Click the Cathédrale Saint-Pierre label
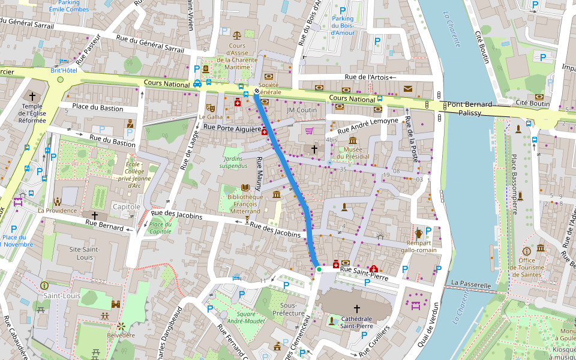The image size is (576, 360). pos(357,322)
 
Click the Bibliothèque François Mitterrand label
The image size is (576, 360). pos(244,204)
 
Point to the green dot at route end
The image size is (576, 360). pos(319,270)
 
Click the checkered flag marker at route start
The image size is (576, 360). pos(257,91)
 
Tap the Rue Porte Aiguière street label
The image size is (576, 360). pos(232,128)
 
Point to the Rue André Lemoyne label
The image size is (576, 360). pos(368,125)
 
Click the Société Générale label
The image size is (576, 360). pos(269,88)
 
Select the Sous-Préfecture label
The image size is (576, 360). pos(288,309)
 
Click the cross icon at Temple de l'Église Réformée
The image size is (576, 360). pos(32,96)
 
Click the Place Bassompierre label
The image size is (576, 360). pos(514,184)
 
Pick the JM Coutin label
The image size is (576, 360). pos(302,110)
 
